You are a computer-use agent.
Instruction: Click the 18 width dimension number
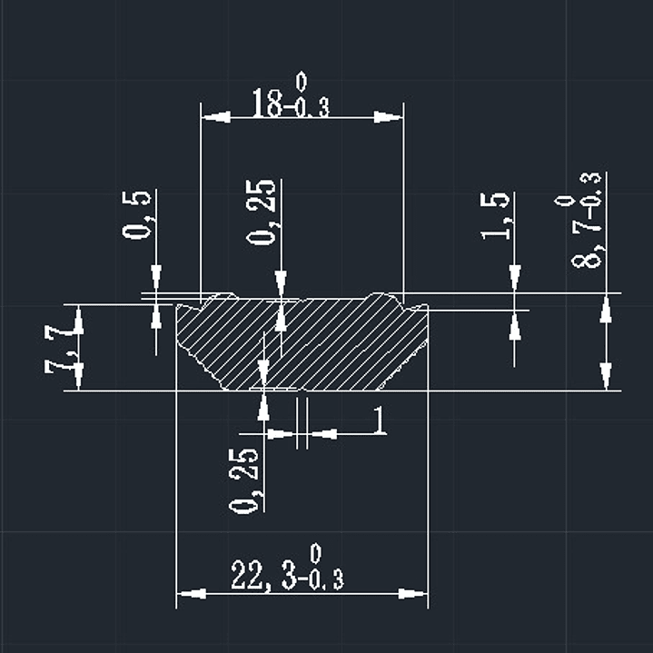266,104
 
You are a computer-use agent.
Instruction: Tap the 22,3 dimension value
262,575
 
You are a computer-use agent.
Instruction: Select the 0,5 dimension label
138,213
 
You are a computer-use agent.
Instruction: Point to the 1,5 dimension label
496,215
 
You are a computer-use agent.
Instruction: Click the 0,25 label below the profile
245,479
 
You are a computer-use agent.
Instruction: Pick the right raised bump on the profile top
381,295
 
